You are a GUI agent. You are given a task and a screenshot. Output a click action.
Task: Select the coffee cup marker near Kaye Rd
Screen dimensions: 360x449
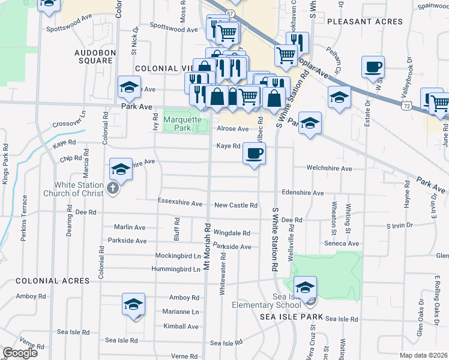255,154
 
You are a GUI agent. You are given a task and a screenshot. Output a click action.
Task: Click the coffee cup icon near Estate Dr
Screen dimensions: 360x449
373,67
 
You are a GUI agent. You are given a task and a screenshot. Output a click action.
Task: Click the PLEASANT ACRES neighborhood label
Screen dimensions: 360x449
365,22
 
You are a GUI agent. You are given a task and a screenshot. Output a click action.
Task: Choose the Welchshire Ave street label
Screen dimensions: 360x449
329,169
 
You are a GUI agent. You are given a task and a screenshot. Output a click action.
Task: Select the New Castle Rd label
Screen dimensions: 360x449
235,205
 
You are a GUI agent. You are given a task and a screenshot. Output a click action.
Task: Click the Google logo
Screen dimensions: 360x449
20,353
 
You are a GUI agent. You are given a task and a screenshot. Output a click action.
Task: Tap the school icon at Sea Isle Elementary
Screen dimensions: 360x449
305,287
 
